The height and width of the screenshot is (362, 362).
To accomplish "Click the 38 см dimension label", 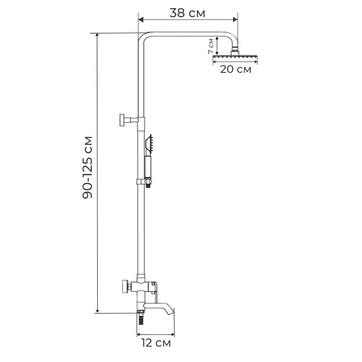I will tap(187, 13).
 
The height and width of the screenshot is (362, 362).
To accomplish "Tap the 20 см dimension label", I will tap(235, 69).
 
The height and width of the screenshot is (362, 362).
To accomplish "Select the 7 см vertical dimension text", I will tap(211, 46).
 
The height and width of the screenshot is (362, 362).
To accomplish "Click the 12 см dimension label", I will tap(156, 343).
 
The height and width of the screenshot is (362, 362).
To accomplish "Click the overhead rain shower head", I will tap(235, 58).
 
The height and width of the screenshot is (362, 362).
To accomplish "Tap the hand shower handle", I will tap(147, 166).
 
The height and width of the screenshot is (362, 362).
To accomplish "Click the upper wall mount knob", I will tap(123, 120).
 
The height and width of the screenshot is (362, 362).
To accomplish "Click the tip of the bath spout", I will tap(171, 311).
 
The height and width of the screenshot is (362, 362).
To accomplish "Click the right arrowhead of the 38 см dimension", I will tap(235, 19).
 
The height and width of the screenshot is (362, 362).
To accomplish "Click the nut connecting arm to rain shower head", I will tap(235, 52).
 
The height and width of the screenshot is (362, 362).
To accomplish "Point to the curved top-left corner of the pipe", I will tap(143, 37).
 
